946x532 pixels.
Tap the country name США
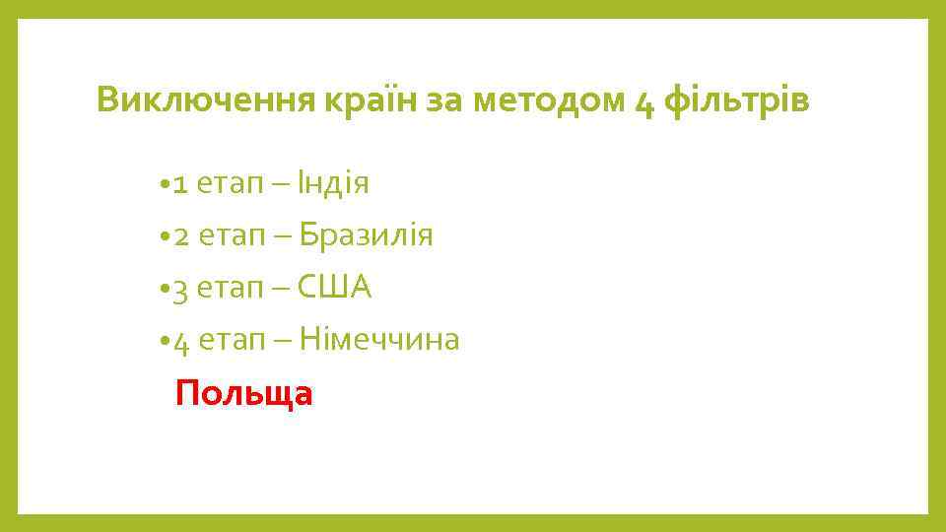click(335, 288)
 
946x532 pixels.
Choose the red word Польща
click(243, 394)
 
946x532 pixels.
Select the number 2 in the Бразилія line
click(178, 236)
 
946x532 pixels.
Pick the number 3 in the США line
click(178, 291)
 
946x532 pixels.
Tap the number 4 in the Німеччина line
click(178, 344)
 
